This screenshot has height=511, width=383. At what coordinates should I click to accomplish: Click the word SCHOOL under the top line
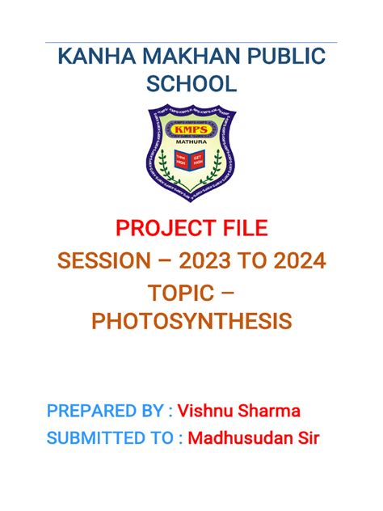[191, 85]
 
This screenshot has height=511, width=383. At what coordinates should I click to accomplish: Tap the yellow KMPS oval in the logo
[191, 129]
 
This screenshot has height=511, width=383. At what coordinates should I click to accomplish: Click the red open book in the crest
[191, 159]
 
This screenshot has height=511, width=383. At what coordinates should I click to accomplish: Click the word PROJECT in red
[157, 230]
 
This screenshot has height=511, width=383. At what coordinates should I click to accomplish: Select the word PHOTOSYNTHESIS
[191, 322]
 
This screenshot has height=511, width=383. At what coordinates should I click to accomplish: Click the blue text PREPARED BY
[105, 411]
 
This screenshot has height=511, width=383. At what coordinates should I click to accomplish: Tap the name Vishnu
[210, 411]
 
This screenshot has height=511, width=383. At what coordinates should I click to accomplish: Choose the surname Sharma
[273, 411]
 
